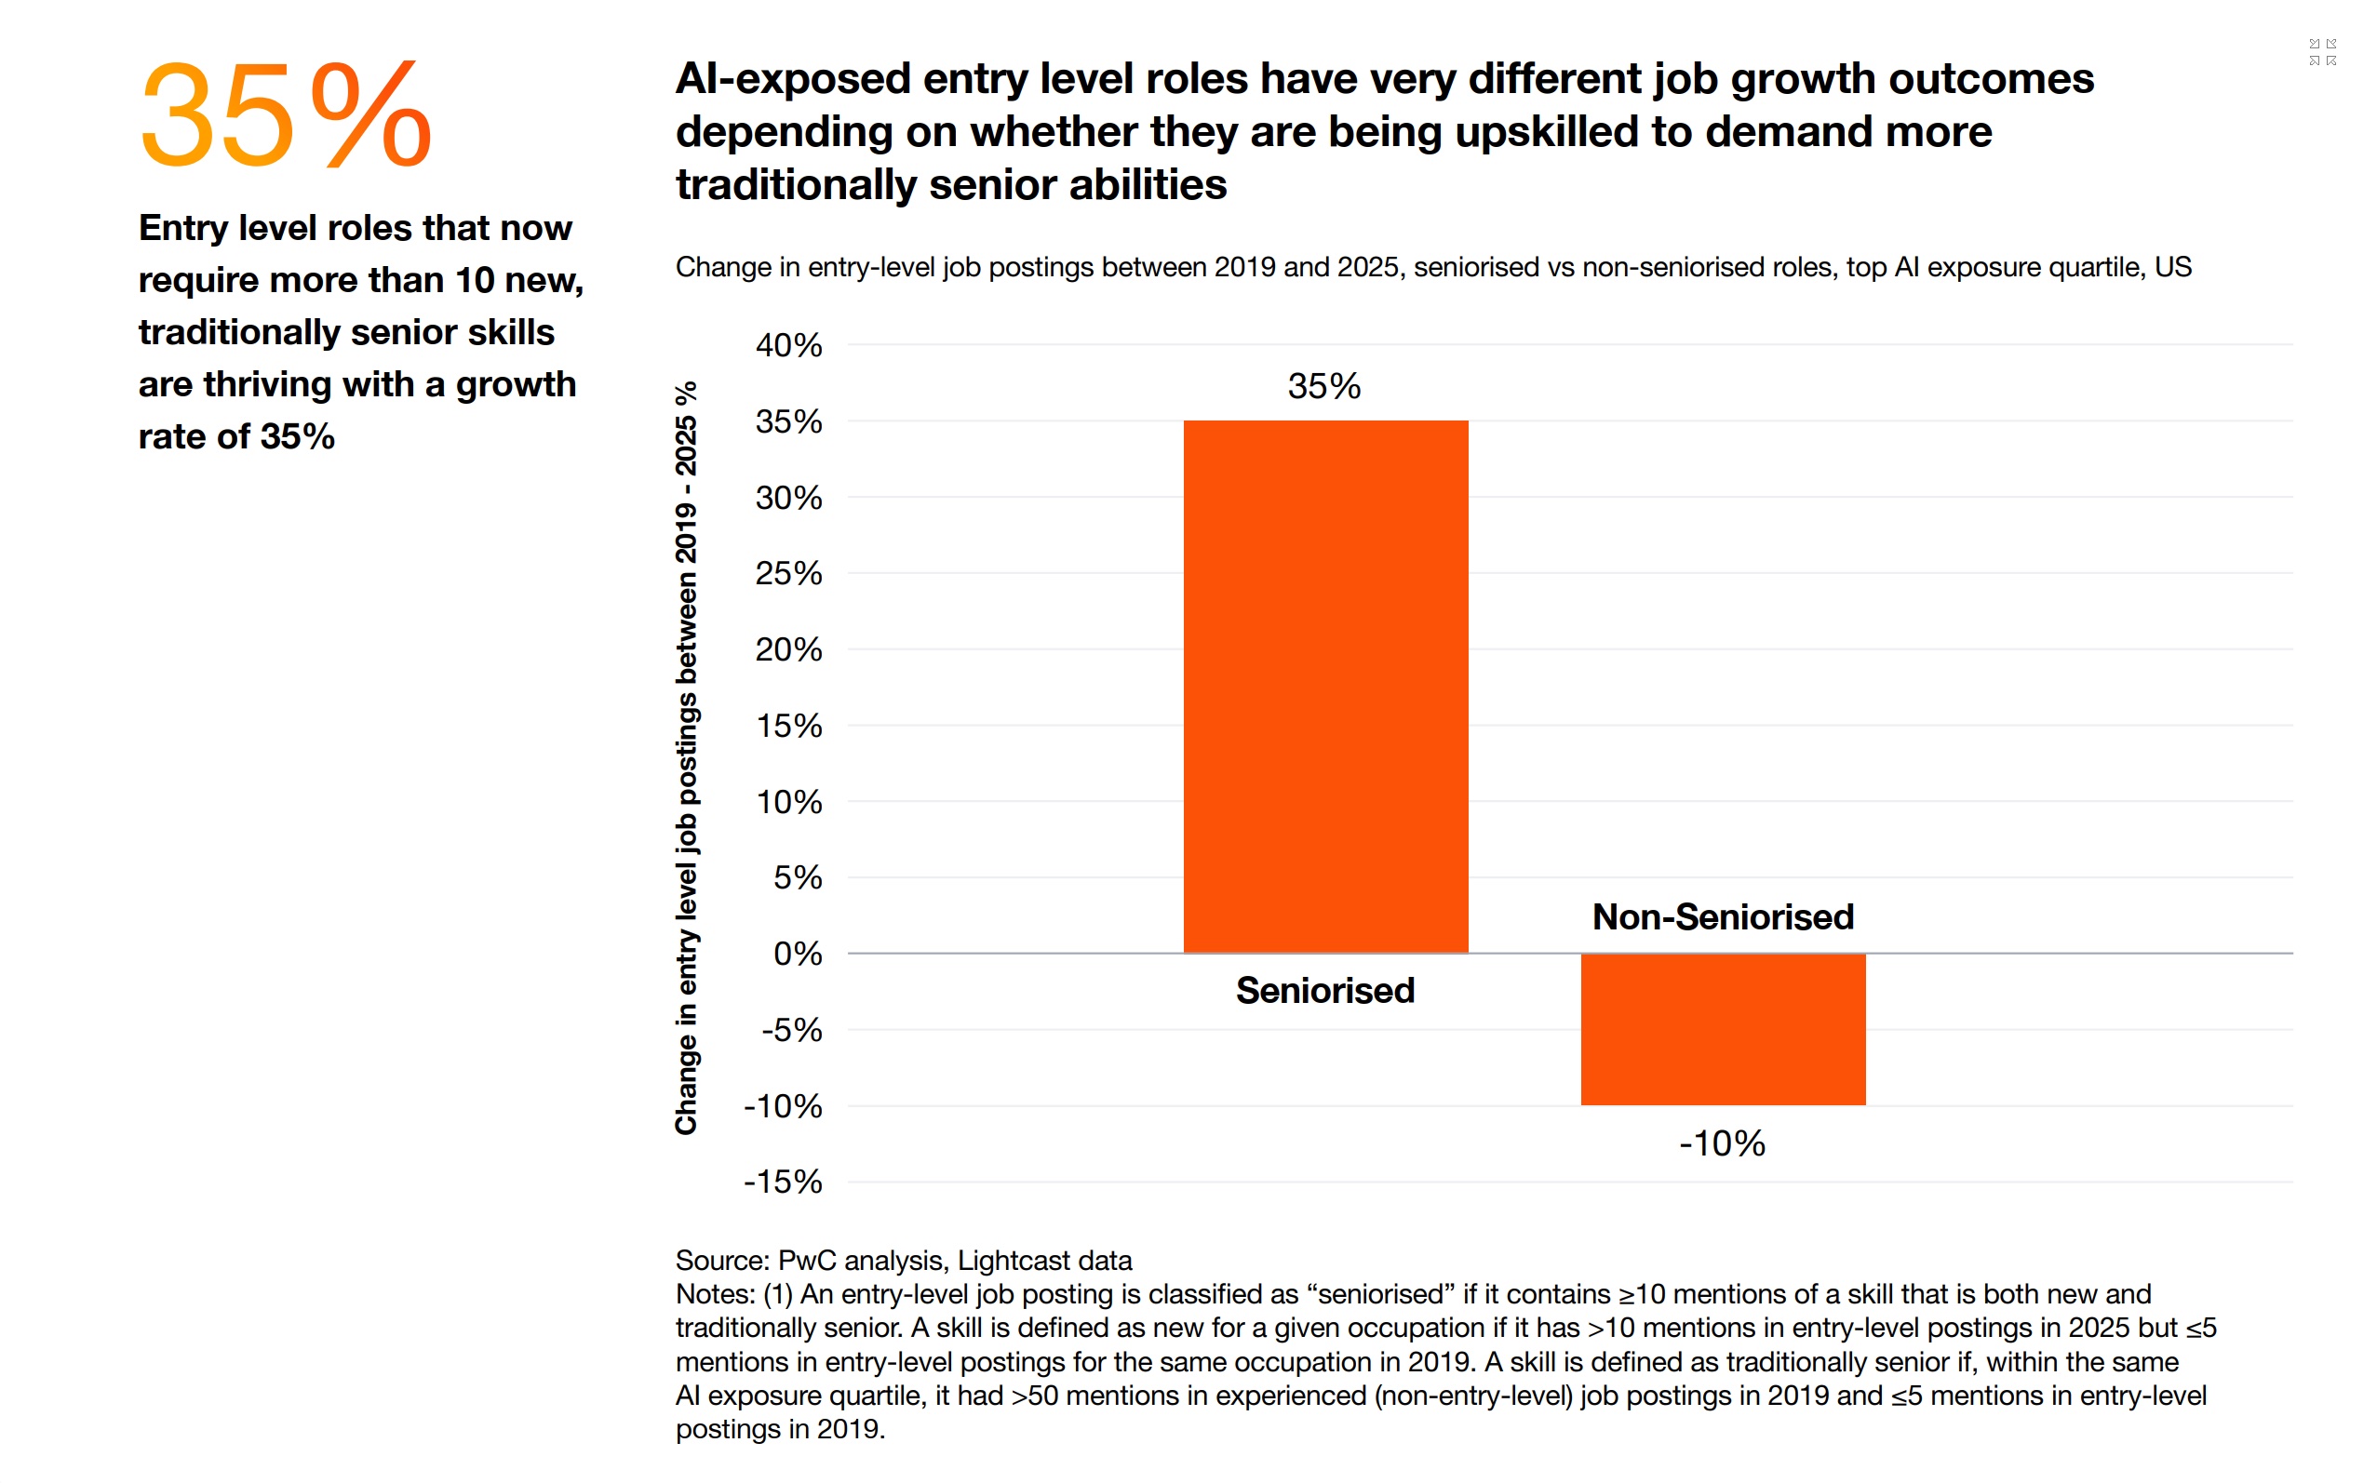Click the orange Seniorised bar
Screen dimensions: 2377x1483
click(1325, 687)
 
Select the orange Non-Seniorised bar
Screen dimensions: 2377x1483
click(1723, 1029)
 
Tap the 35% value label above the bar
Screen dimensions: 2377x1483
click(1324, 386)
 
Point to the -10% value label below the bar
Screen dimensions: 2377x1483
click(1722, 1143)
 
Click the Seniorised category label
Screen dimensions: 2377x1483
click(1325, 991)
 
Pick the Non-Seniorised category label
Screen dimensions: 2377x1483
click(1723, 917)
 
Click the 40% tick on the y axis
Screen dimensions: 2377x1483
click(788, 345)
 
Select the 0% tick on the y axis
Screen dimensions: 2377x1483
click(798, 954)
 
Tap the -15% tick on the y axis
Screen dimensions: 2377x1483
click(783, 1182)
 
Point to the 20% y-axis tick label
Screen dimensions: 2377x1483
click(788, 649)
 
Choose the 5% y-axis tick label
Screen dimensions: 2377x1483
click(798, 876)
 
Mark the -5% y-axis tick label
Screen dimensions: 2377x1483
click(792, 1030)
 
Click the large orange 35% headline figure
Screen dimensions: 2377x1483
click(286, 114)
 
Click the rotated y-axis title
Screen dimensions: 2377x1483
click(687, 758)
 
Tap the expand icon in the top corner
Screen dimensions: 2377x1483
click(2323, 52)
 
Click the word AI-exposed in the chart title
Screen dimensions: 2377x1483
click(793, 78)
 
